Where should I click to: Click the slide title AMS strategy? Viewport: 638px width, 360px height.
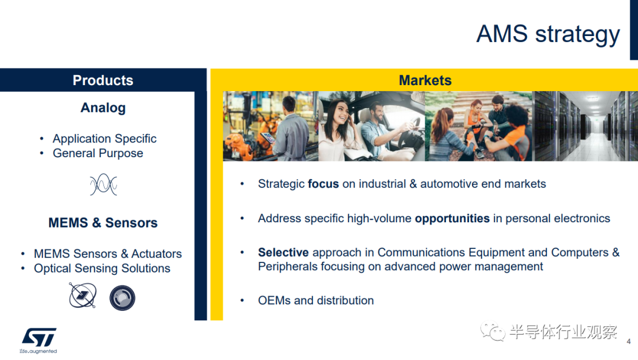[548, 34]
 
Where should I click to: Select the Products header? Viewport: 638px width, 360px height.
[103, 80]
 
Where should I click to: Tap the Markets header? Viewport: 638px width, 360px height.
[425, 80]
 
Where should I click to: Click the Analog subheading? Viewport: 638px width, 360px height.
[103, 108]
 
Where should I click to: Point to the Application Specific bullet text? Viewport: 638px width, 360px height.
[105, 138]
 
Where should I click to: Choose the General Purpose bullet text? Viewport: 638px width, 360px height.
[98, 153]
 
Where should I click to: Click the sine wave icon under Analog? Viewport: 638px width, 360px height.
[103, 184]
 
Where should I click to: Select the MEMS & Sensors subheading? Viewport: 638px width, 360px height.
[103, 223]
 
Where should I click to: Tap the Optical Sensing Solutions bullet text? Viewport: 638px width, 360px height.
[102, 268]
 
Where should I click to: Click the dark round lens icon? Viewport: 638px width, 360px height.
[122, 298]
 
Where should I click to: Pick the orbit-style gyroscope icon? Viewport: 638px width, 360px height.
[83, 295]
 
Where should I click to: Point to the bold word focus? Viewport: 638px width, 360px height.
[323, 184]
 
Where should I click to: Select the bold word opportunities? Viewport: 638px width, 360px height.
[452, 219]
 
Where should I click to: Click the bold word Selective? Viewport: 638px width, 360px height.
[283, 252]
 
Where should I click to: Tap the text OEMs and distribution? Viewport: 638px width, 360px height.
[315, 300]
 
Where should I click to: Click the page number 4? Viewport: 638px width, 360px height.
[629, 342]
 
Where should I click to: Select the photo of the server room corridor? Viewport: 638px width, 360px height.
[586, 127]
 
